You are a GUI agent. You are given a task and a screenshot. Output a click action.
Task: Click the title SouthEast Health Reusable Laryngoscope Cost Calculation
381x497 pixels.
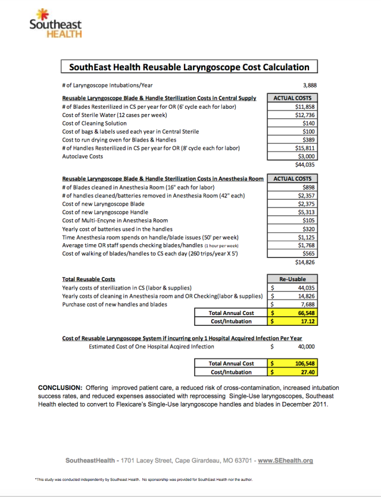click(x=189, y=67)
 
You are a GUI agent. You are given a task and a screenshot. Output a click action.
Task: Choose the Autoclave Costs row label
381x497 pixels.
click(x=82, y=156)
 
